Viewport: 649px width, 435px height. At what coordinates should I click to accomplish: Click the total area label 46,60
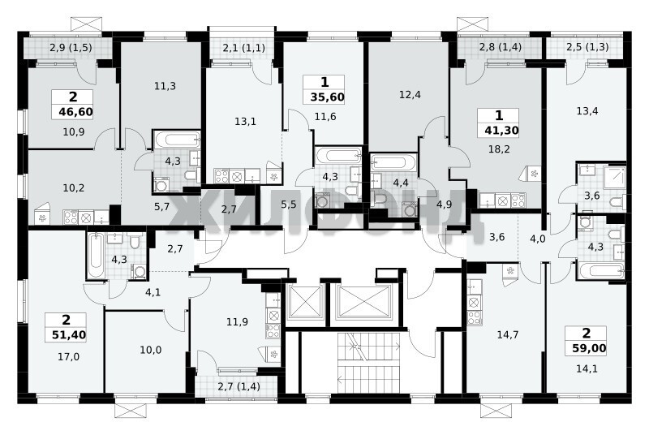(x=72, y=112)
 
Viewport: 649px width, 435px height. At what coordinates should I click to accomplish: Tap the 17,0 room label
(x=69, y=356)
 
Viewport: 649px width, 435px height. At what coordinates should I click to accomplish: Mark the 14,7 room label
(x=508, y=335)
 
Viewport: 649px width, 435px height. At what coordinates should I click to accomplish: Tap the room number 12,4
(x=410, y=95)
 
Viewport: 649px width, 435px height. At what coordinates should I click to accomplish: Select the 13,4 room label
(x=587, y=111)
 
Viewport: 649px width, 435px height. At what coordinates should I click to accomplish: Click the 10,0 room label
(x=151, y=350)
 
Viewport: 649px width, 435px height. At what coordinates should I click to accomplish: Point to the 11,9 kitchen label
(x=238, y=321)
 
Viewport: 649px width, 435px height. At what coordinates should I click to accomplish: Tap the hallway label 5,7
(x=161, y=206)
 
